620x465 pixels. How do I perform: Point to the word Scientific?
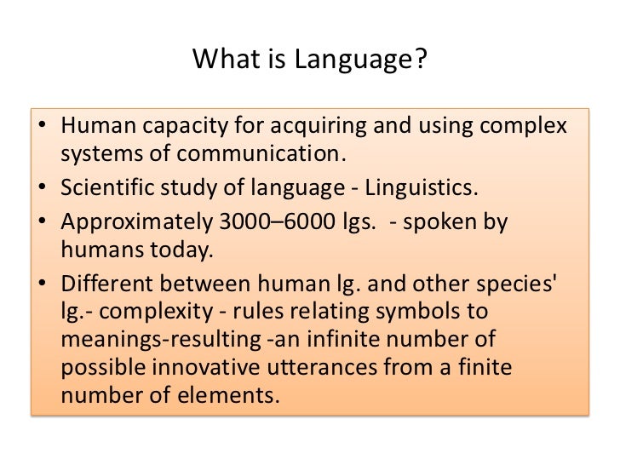point(104,187)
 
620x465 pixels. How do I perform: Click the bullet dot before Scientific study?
point(44,188)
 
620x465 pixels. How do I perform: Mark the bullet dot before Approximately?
point(44,222)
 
